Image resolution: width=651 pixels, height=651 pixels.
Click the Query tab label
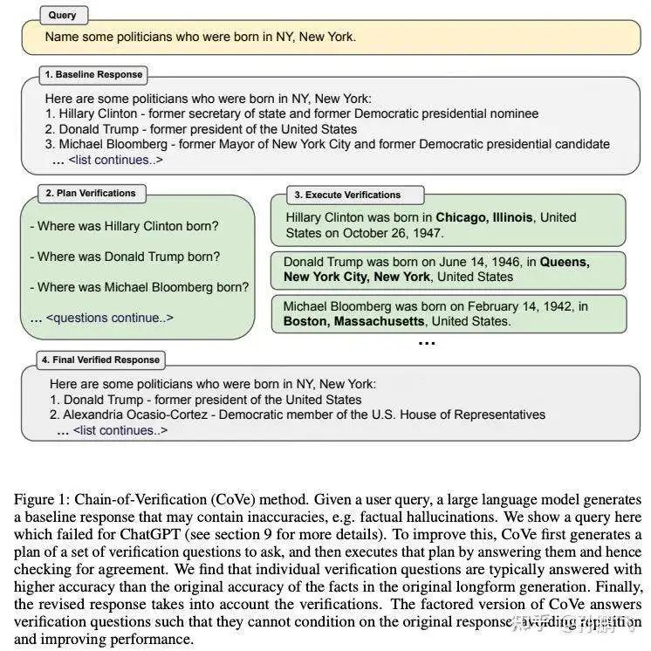pyautogui.click(x=62, y=15)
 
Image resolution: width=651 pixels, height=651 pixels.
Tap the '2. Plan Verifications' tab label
pyautogui.click(x=91, y=193)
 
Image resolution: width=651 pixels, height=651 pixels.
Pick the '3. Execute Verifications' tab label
pyautogui.click(x=347, y=195)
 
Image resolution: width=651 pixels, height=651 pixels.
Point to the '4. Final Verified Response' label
pyautogui.click(x=100, y=359)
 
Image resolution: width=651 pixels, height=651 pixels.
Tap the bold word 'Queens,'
pyautogui.click(x=565, y=261)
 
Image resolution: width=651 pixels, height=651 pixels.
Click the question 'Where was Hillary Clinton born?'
pyautogui.click(x=127, y=226)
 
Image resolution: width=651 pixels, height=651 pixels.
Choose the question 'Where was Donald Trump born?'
pyautogui.click(x=128, y=257)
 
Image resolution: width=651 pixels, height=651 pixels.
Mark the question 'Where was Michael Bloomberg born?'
pyautogui.click(x=143, y=287)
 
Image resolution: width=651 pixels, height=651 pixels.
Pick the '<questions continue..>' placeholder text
pyautogui.click(x=109, y=318)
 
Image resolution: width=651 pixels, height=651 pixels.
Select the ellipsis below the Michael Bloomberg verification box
pyautogui.click(x=426, y=343)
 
